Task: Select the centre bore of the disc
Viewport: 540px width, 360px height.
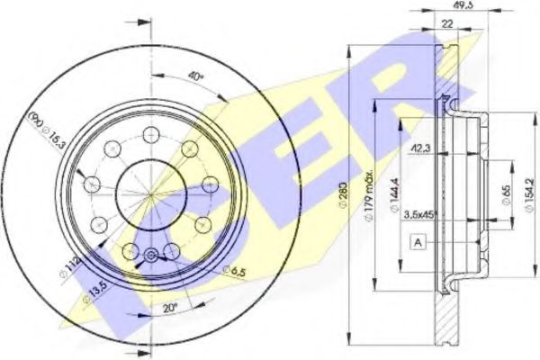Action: (150, 192)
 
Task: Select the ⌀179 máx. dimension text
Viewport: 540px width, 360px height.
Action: (370, 184)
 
